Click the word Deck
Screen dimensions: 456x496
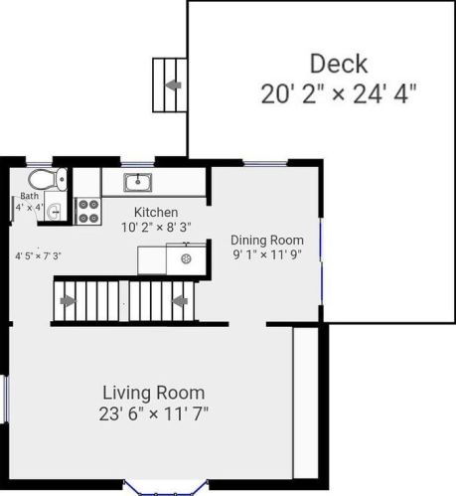tap(339, 64)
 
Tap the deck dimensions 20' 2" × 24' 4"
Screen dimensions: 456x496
tap(339, 93)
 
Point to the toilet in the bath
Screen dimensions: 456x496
tap(48, 180)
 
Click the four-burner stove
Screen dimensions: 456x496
tap(88, 211)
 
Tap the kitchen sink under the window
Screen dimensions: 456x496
tap(137, 182)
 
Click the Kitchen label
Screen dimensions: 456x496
tap(156, 212)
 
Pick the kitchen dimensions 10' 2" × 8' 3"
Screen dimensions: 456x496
tap(156, 228)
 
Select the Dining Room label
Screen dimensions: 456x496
tap(267, 240)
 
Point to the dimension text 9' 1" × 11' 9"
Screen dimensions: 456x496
tap(267, 254)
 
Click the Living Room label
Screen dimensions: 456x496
tap(154, 393)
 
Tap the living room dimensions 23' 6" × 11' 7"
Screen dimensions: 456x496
tap(154, 413)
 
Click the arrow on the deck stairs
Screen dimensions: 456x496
tap(173, 85)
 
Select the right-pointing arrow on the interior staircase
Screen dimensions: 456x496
tap(69, 301)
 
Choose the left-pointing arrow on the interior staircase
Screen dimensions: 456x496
tap(180, 301)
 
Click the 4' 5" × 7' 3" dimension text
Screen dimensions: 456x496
tap(39, 255)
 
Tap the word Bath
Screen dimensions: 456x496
tap(29, 196)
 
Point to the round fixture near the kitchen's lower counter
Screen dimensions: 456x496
tap(187, 258)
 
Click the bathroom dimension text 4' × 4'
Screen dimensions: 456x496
tap(29, 208)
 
